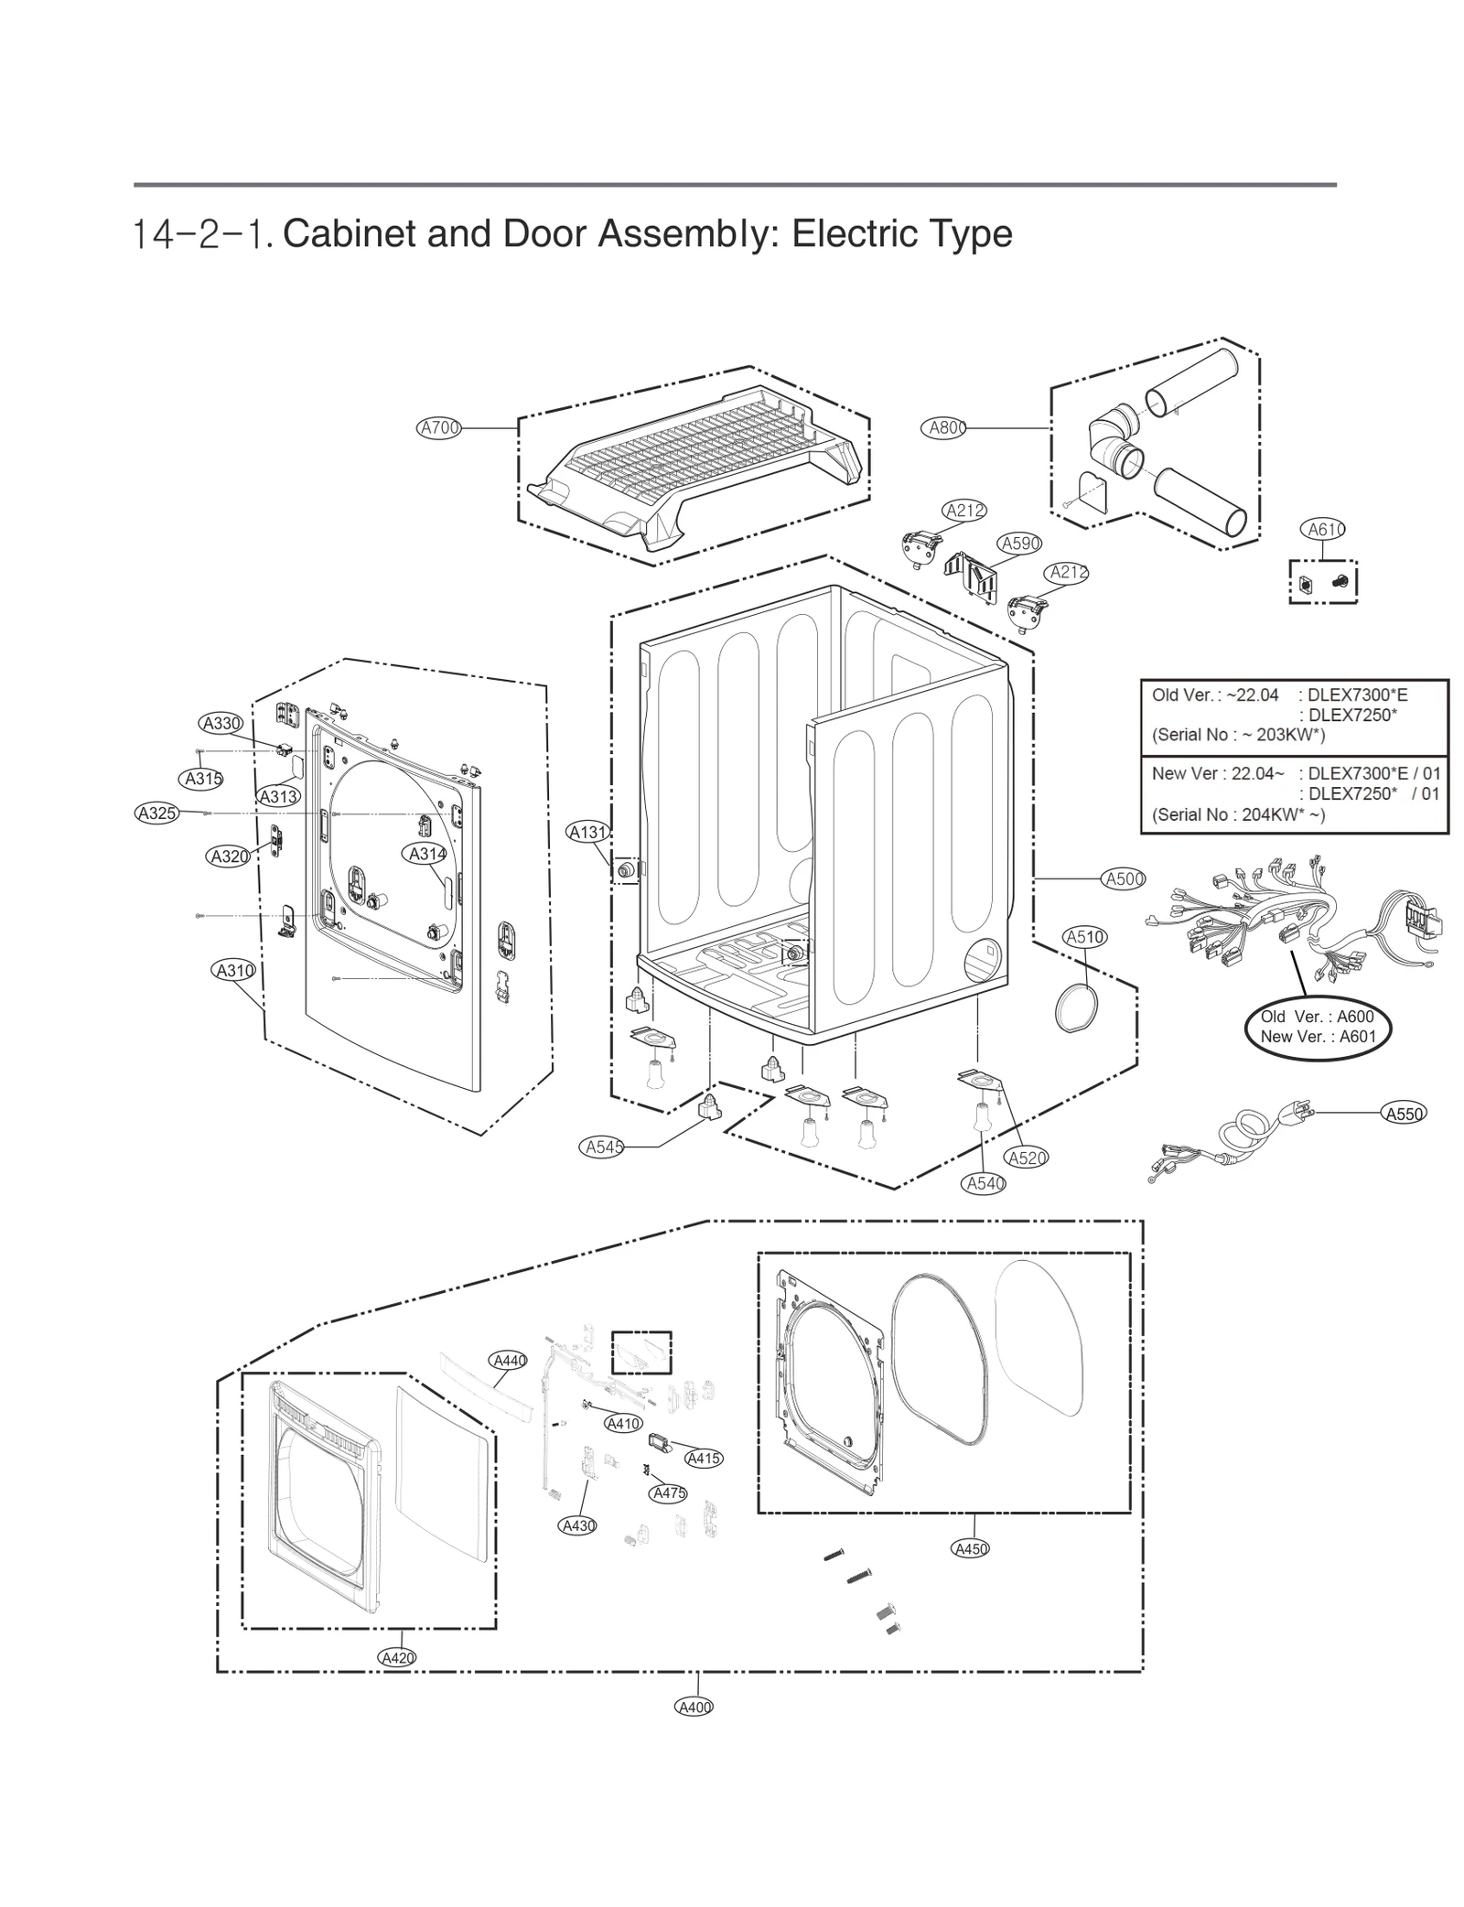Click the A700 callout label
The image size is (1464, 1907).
pos(438,427)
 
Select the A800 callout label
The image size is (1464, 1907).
pos(942,427)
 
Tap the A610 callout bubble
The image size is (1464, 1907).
pos(1322,529)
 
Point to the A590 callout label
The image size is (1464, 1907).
pos(1020,544)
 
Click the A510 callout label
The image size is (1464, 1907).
pos(1085,937)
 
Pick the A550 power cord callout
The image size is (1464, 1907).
pos(1404,1114)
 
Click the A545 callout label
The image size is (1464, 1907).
pos(604,1147)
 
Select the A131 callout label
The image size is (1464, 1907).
pos(588,832)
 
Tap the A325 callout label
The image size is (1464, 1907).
pos(156,813)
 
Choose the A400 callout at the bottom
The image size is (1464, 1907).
pos(694,1707)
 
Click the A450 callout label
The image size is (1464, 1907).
pos(971,1548)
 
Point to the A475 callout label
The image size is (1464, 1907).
pos(669,1492)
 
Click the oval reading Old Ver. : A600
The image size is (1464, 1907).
pos(1317,1026)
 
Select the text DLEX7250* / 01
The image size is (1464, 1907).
pos(1373,793)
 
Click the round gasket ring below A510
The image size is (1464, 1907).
pos(1076,1007)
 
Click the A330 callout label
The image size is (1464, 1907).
pos(221,724)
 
